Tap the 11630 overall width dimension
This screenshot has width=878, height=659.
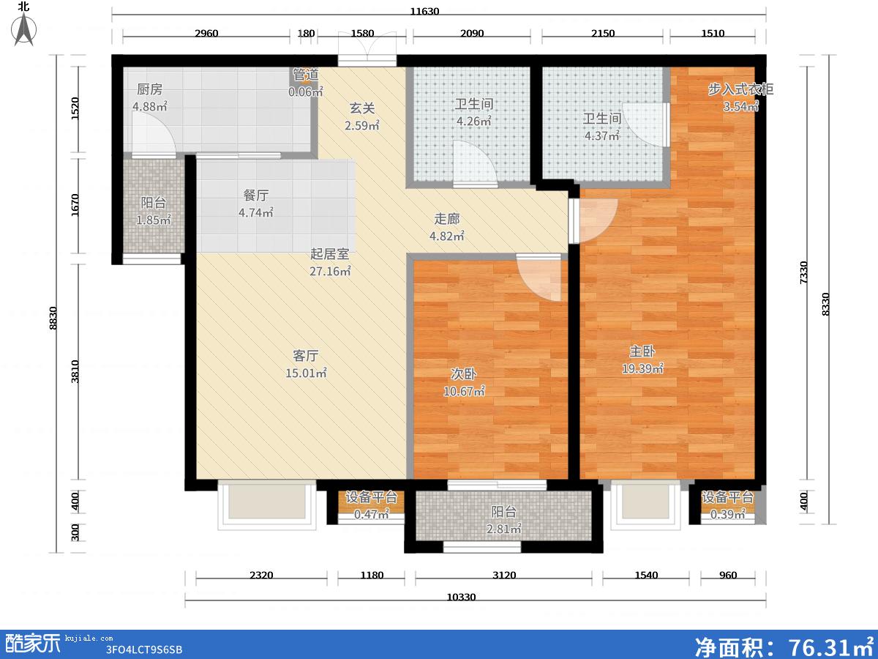click(x=424, y=11)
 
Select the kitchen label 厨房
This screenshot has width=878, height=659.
click(x=149, y=89)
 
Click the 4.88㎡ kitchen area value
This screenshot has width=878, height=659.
click(x=149, y=106)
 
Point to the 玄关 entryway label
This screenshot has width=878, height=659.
click(x=362, y=108)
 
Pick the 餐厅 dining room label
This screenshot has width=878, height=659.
click(x=256, y=196)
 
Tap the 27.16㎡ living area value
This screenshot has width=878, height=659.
click(x=330, y=271)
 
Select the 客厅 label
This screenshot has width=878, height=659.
click(x=306, y=355)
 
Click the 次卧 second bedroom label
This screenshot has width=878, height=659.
click(x=464, y=373)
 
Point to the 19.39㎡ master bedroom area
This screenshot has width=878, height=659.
click(x=642, y=368)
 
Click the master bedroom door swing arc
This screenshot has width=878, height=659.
click(x=598, y=221)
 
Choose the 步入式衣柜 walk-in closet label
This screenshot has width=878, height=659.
click(x=740, y=89)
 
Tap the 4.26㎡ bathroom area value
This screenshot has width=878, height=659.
click(x=473, y=121)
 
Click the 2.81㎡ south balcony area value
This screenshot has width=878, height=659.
click(x=503, y=529)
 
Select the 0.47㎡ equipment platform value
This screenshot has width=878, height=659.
click(x=371, y=514)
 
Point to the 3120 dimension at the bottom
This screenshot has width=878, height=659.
click(x=504, y=575)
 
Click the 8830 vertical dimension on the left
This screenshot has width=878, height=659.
click(x=53, y=318)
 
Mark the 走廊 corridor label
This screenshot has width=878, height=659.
click(x=447, y=219)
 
